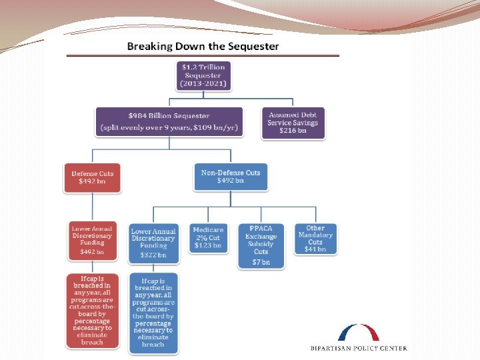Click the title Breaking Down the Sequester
point(203,46)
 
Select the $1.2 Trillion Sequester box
point(203,76)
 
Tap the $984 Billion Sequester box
point(169,121)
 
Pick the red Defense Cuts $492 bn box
point(93,177)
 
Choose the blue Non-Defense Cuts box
point(231,177)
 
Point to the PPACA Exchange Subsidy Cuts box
point(261,245)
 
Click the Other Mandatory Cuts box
point(315,238)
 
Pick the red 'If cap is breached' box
point(93,311)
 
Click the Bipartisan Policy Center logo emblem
point(359,333)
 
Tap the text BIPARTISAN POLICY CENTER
point(359,348)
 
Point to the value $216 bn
point(293,131)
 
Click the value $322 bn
point(154,255)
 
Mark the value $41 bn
point(315,250)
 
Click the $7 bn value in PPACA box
point(261,262)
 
